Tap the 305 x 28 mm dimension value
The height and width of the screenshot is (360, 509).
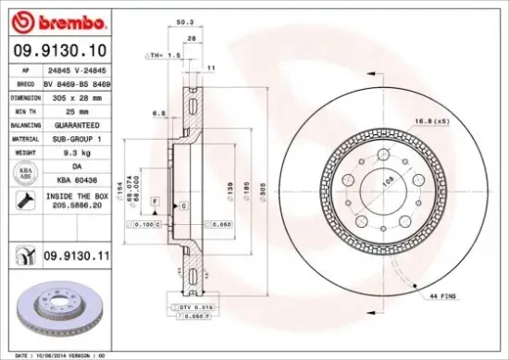point(73,97)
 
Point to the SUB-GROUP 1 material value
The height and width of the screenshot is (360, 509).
point(74,137)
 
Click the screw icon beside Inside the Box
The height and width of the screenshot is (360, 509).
point(21,200)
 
